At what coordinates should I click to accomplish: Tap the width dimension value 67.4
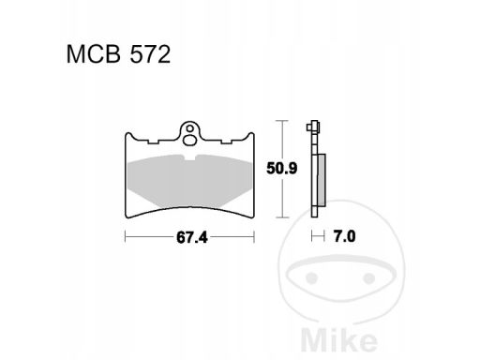(x=192, y=236)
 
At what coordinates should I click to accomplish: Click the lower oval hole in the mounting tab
(x=192, y=142)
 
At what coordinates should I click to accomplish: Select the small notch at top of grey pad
(x=192, y=159)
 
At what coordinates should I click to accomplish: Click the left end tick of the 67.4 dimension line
(x=126, y=236)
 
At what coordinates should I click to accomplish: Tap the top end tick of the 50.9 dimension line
(x=279, y=122)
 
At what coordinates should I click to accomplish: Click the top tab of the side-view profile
(x=311, y=127)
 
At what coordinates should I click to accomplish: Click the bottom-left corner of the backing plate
(x=127, y=217)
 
